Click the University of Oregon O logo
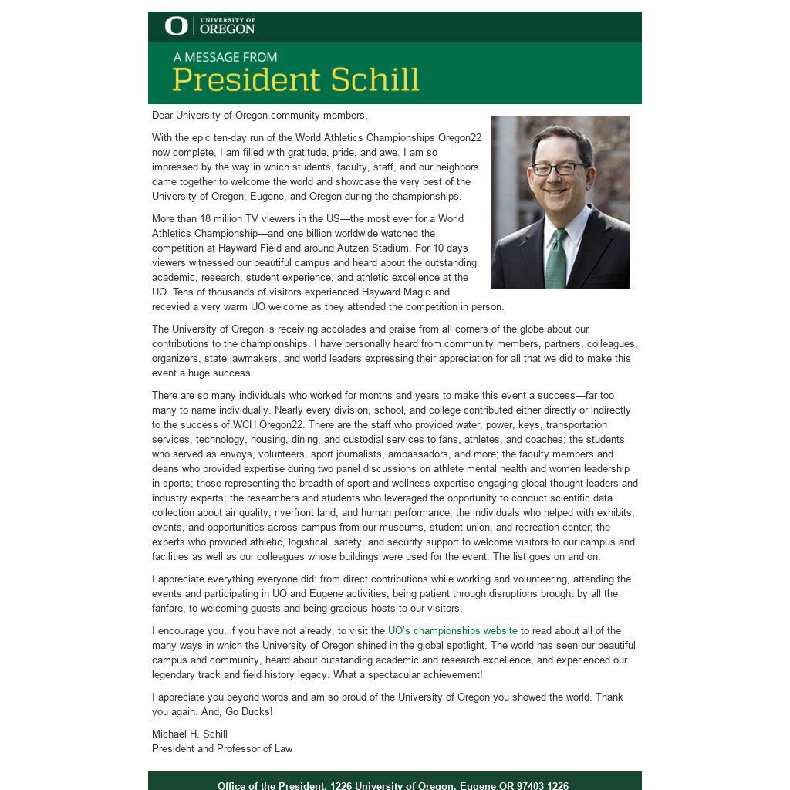(176, 26)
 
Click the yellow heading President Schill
(295, 79)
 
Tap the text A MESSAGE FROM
(225, 57)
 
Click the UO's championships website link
(452, 631)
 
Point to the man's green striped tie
(556, 258)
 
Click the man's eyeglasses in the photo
(558, 168)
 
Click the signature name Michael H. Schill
(190, 734)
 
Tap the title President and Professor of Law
(222, 749)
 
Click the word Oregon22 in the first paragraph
(460, 138)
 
